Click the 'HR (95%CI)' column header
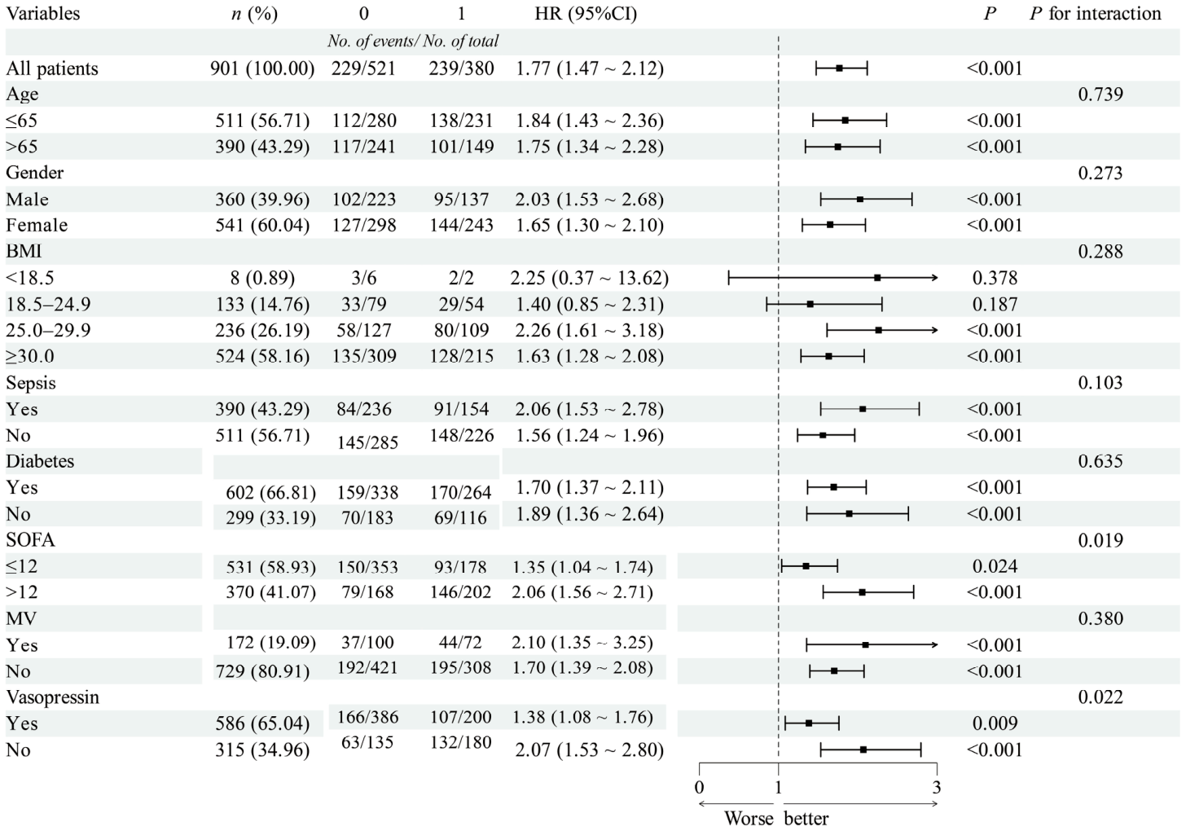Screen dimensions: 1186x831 coord(586,13)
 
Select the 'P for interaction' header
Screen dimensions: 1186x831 coord(1096,13)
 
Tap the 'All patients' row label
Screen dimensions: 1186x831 coord(52,68)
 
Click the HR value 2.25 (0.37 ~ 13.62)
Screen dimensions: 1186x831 coord(589,278)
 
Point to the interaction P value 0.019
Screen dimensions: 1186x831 coord(1100,539)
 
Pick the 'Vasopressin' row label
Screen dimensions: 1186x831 coord(52,697)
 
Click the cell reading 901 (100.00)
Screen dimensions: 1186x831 coord(262,68)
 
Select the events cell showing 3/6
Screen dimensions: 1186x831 coord(364,278)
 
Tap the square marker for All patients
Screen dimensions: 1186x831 coord(839,68)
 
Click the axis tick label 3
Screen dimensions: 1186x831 coord(937,788)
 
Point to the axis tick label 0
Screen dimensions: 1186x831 coord(699,788)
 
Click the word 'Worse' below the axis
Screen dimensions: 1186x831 coord(749,818)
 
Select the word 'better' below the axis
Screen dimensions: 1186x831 coord(806,818)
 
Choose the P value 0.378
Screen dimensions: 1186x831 coord(995,278)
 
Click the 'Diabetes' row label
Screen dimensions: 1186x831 coord(40,461)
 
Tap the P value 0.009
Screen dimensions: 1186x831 coord(995,723)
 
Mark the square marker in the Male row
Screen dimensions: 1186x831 coord(860,199)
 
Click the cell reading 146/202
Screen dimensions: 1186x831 coord(461,591)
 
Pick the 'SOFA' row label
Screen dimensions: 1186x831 coord(30,539)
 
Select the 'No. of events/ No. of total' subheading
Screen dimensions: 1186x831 coord(413,41)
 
